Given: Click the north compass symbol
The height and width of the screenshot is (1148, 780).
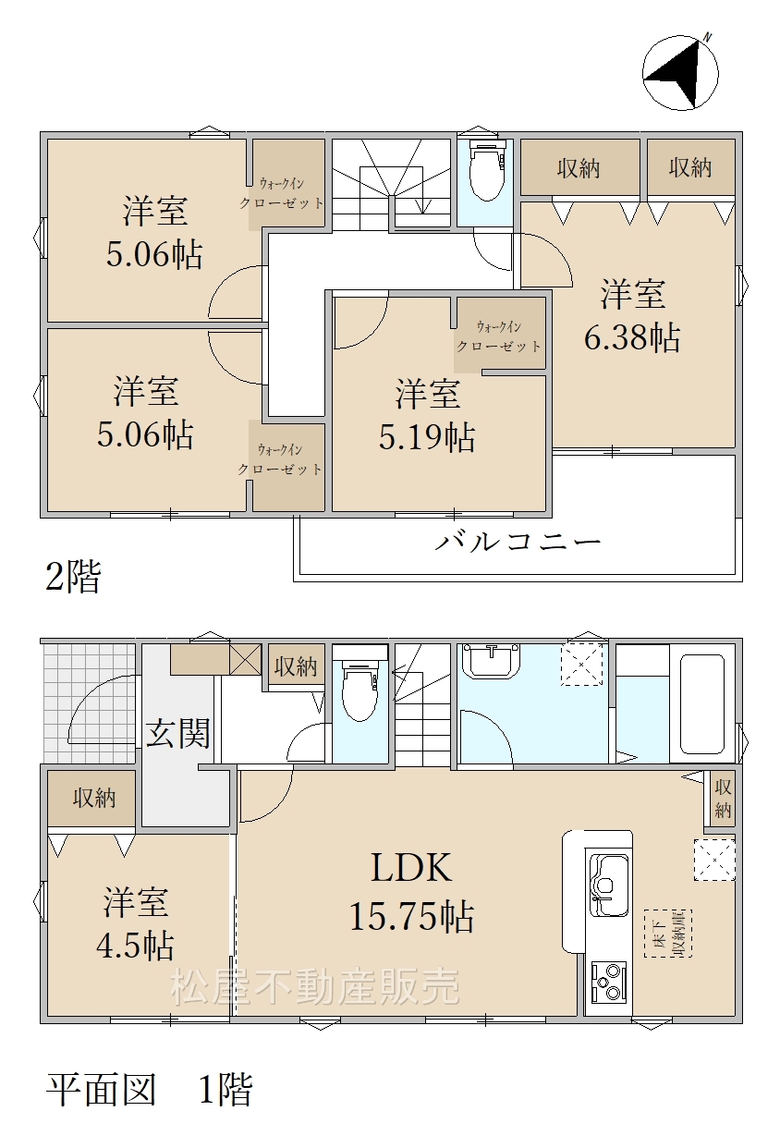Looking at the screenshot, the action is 680,72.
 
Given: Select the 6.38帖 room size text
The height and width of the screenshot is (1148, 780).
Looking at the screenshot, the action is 632,337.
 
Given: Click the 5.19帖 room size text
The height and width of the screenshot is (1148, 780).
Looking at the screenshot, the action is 427,437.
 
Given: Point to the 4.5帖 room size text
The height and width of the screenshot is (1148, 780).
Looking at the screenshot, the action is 135,945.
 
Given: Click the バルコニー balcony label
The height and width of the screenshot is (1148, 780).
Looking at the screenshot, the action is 518,542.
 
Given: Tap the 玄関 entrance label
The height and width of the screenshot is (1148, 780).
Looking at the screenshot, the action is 177,733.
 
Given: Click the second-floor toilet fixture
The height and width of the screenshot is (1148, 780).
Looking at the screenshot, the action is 487,171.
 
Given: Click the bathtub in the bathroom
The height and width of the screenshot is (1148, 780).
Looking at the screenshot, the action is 701,704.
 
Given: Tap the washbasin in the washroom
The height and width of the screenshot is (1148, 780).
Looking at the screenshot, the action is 491,661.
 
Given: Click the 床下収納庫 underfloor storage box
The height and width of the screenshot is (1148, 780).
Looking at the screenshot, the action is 668,934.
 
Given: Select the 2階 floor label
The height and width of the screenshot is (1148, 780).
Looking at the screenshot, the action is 73,576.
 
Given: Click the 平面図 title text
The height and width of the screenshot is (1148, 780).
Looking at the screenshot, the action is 101,1089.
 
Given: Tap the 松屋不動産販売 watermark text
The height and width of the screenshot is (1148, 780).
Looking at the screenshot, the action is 314,987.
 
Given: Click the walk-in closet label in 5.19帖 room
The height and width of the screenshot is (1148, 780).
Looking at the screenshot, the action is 499,336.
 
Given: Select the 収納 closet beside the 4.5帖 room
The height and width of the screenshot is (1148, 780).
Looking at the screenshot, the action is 93,799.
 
